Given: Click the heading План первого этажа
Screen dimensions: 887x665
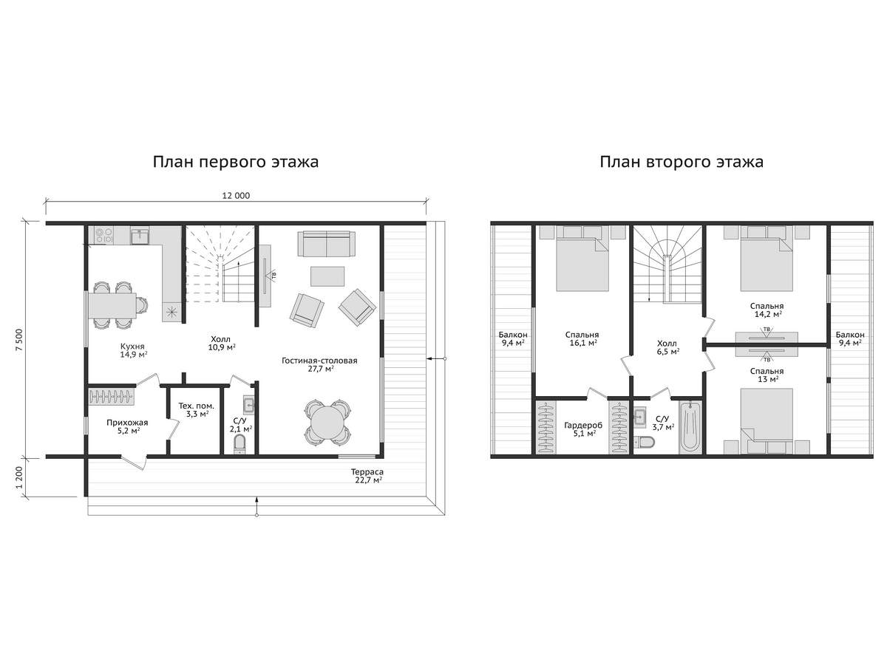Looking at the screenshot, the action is [236, 163].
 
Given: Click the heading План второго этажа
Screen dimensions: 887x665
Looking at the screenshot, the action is [682, 163].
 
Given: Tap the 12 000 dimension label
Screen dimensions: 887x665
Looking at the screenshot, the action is [236, 196].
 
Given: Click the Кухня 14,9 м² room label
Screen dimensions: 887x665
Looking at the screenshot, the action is [133, 350].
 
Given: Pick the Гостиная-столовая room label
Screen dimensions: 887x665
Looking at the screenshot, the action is [319, 364].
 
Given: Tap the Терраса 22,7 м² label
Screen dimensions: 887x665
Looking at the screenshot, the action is [367, 476].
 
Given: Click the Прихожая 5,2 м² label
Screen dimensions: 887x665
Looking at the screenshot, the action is [127, 426].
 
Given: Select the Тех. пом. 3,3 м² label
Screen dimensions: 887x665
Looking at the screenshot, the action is [197, 409].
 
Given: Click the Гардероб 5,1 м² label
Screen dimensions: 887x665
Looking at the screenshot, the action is [583, 429].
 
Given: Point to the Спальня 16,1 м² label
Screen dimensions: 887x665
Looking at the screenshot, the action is [582, 338].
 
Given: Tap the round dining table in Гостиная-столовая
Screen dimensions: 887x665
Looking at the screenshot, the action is [327, 423].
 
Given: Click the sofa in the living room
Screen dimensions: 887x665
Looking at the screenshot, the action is [327, 244].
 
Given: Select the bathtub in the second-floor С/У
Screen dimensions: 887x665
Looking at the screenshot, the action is [690, 426].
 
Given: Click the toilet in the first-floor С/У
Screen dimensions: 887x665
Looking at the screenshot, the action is [239, 444].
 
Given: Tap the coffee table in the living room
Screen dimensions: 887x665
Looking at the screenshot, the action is [327, 276].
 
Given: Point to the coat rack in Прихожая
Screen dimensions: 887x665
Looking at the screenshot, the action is [111, 396].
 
